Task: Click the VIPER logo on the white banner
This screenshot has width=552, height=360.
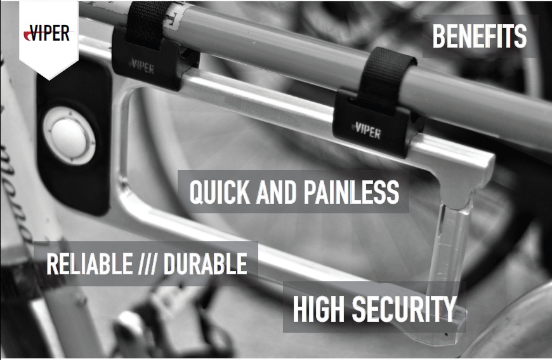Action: tap(47, 33)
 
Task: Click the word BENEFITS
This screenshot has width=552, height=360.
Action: tap(480, 36)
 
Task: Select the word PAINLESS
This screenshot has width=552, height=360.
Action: tap(352, 192)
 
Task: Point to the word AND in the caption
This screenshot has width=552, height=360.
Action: tap(277, 192)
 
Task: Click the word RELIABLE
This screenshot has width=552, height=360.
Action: tap(89, 263)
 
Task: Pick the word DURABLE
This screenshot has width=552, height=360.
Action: tap(205, 263)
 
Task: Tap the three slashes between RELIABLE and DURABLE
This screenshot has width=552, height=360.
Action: tap(148, 263)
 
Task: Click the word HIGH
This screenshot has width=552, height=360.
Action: tap(319, 309)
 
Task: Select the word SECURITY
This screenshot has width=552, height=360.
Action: tap(404, 309)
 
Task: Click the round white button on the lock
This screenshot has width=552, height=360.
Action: tap(69, 137)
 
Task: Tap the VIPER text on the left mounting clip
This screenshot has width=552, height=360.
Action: tap(142, 67)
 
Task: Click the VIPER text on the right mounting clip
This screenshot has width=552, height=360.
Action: tap(367, 131)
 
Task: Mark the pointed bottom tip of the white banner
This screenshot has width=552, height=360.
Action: tap(49, 79)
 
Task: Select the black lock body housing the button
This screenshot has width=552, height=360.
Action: tap(73, 137)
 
